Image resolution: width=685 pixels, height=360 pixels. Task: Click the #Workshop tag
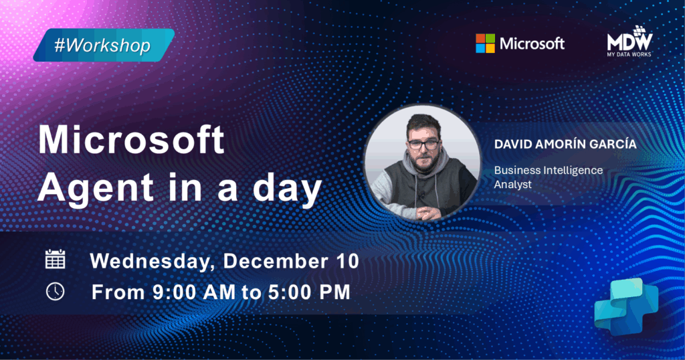coord(104,45)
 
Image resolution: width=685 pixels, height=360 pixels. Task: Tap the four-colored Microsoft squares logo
coord(486,43)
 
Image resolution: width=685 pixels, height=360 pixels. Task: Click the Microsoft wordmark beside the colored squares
coord(532,43)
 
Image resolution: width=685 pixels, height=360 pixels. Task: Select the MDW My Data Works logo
coord(629,41)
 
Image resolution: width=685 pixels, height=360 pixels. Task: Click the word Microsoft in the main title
coord(132,140)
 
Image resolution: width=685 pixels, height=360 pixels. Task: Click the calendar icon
coord(56,259)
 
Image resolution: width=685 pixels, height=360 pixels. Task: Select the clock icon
coord(55,291)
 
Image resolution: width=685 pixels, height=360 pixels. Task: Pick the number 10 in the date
coord(347,261)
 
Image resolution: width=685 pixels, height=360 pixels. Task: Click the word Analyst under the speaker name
coord(513,185)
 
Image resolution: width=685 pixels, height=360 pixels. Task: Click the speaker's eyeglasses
coord(423,145)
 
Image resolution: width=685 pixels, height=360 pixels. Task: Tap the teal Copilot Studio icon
coord(626,306)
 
